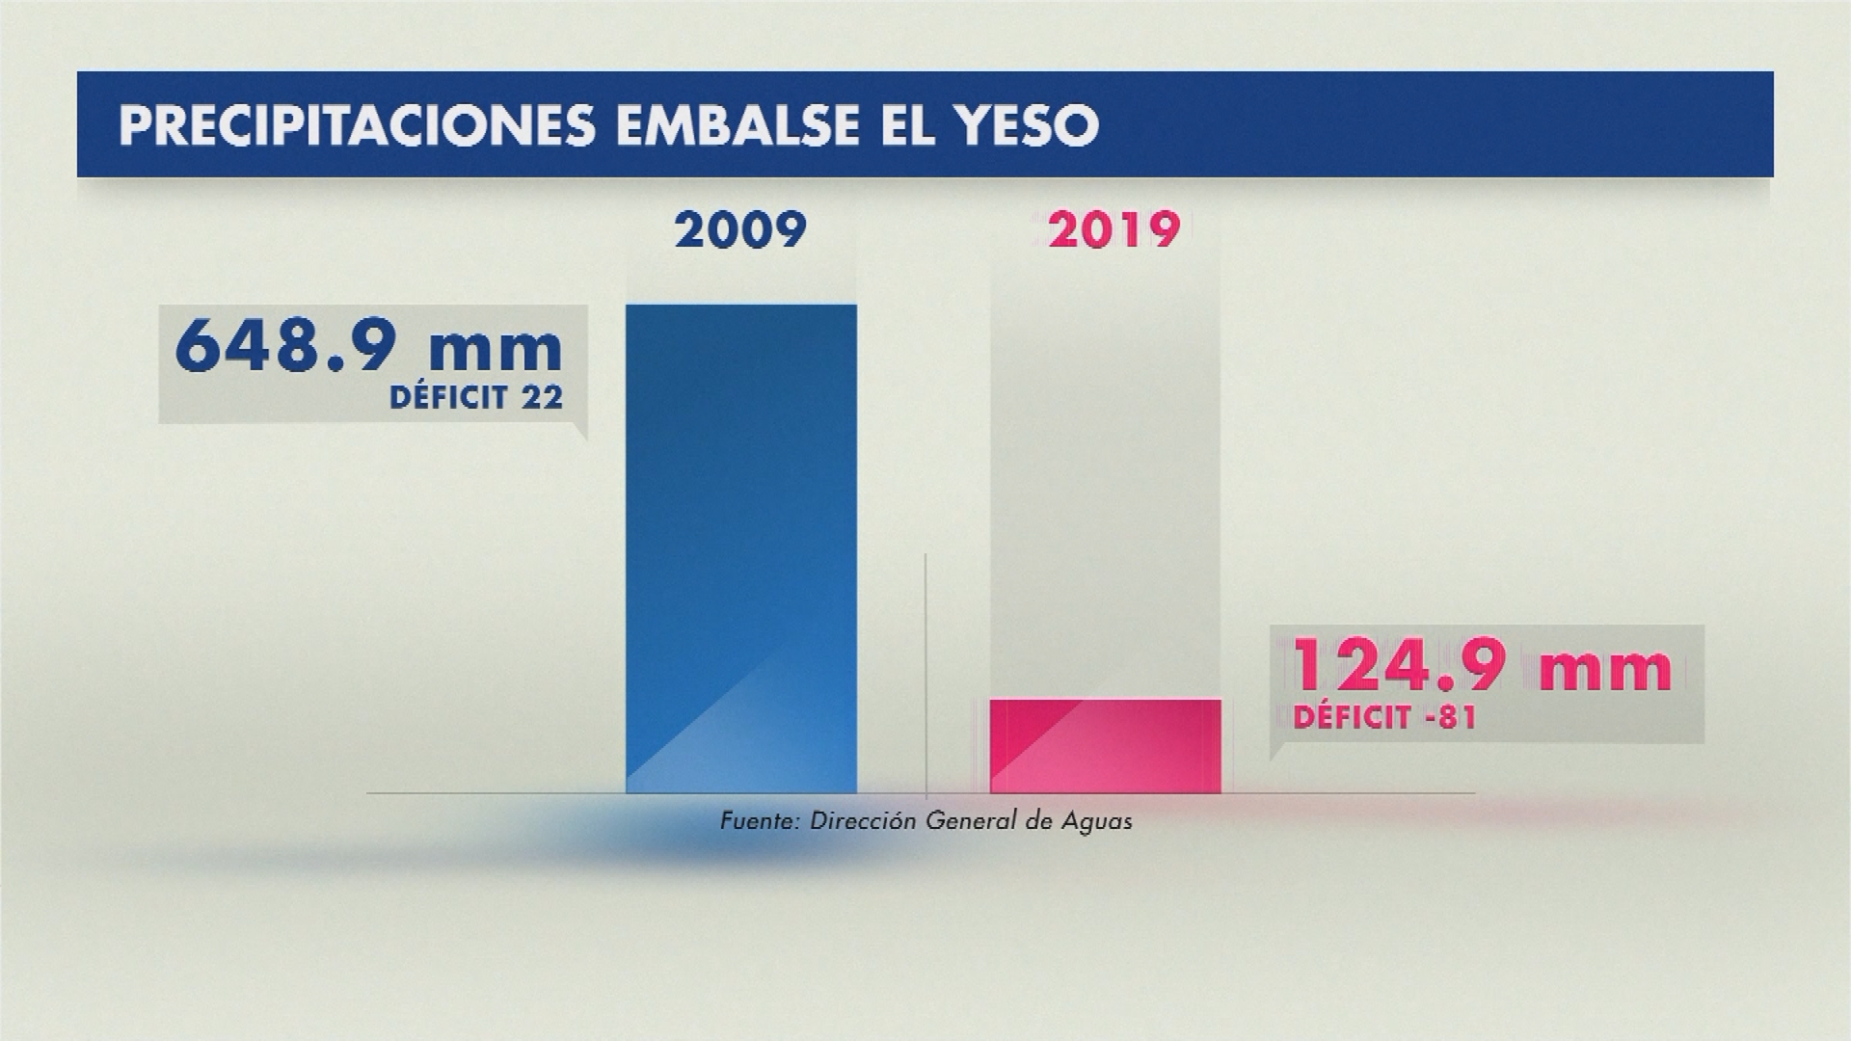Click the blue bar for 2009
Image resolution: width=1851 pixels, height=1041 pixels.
740,548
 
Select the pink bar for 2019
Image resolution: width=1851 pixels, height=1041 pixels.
1106,746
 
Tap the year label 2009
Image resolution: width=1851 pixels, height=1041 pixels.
740,231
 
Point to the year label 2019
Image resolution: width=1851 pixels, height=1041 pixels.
1114,231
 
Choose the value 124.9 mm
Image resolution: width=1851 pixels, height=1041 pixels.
1481,668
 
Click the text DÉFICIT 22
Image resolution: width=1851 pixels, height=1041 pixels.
476,397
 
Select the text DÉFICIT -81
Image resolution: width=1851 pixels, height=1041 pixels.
1384,718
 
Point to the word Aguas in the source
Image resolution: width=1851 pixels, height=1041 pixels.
1097,822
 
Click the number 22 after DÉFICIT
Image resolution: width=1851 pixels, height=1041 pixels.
540,397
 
